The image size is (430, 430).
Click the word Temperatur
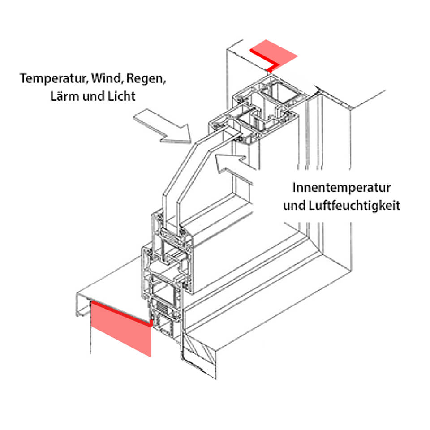pyautogui.click(x=53, y=79)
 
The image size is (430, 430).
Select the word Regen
pyautogui.click(x=146, y=79)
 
